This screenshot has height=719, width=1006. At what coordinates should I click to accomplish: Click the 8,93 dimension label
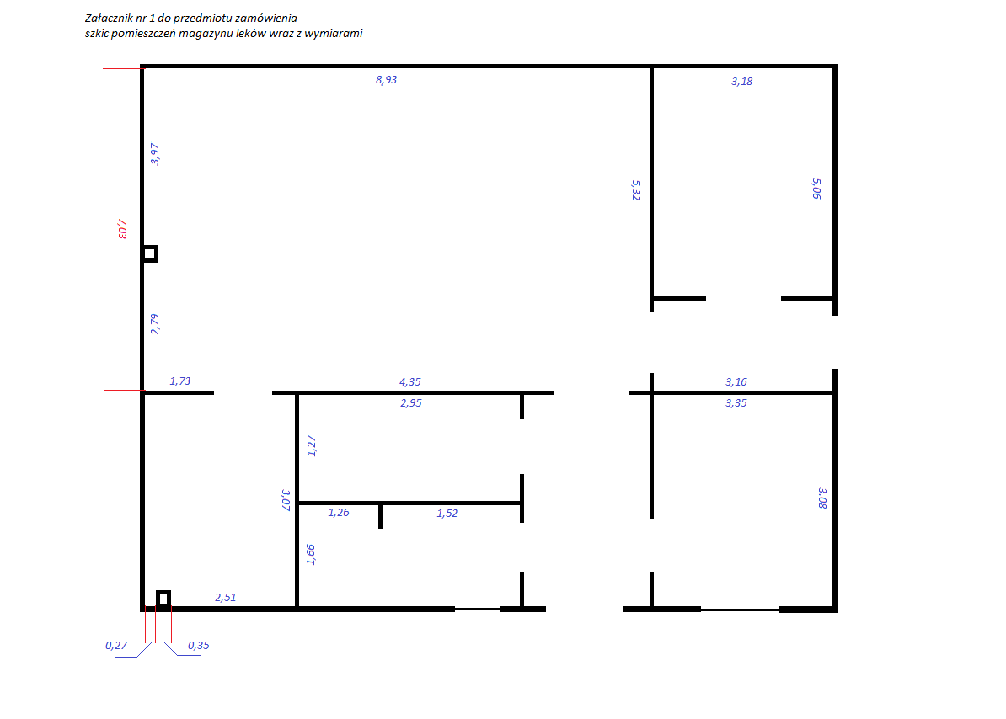coord(386,80)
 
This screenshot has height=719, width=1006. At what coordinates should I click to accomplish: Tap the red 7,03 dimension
coord(122,229)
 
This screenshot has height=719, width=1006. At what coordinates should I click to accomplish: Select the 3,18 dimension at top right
coord(741,82)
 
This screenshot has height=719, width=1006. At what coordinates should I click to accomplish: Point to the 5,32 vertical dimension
coord(636,189)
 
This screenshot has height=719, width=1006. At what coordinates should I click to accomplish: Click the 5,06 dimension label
coord(816,189)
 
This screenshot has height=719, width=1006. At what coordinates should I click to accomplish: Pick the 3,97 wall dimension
coord(155,154)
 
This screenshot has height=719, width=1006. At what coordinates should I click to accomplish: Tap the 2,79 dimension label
coord(155,324)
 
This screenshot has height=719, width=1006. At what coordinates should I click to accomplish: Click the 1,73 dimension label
coord(179,381)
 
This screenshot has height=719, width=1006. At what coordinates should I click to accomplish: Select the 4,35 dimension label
coord(410,382)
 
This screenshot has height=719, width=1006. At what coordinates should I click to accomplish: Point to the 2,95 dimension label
coord(411,403)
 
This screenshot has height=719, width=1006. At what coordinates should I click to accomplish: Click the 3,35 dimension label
coord(736,403)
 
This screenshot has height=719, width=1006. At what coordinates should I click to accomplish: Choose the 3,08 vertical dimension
coord(822,498)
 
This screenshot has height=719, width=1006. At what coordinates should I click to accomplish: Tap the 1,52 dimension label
coord(447,514)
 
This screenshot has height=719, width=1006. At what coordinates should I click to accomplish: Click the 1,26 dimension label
coord(339,513)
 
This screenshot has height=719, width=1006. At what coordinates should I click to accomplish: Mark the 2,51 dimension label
coord(225,597)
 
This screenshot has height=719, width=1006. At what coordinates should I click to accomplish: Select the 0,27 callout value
coord(116,645)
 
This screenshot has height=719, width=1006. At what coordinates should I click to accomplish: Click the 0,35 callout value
coord(198,645)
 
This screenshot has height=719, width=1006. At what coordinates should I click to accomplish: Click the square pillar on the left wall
coord(150,253)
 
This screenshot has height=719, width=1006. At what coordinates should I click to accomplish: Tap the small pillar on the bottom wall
coord(163,599)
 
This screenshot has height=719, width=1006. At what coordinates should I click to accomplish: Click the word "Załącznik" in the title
coord(109,19)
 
